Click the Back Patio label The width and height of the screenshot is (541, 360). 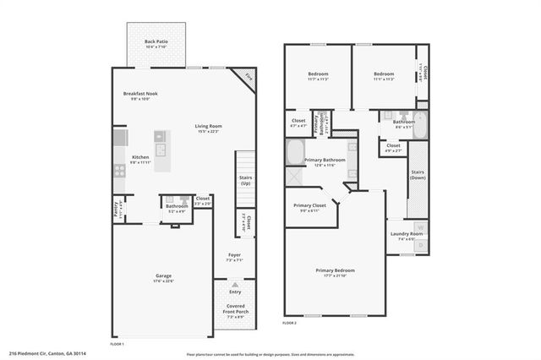156,41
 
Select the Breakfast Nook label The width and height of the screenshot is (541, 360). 140,94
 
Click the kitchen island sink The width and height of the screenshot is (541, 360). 159,135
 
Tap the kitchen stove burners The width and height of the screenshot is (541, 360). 119,169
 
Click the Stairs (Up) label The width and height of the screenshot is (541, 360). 244,179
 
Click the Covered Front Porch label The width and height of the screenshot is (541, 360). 236,308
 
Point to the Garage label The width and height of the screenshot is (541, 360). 163,275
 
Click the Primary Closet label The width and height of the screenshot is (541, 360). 309,205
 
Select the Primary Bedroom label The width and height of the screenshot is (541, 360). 336,270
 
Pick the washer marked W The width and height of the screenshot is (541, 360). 421,227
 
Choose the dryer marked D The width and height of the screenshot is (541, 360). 421,246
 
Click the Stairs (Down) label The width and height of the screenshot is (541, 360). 418,174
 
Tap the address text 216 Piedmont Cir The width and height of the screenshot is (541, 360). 47,353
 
